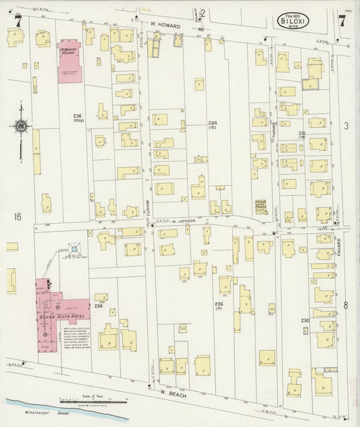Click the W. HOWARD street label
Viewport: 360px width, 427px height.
click(x=165, y=26)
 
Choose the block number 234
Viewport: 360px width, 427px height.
click(x=212, y=122)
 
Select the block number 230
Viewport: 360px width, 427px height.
click(x=305, y=320)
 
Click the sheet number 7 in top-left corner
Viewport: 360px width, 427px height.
click(x=18, y=21)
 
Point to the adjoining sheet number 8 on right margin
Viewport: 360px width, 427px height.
click(x=345, y=305)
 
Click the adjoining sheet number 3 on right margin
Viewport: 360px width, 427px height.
click(x=345, y=126)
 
